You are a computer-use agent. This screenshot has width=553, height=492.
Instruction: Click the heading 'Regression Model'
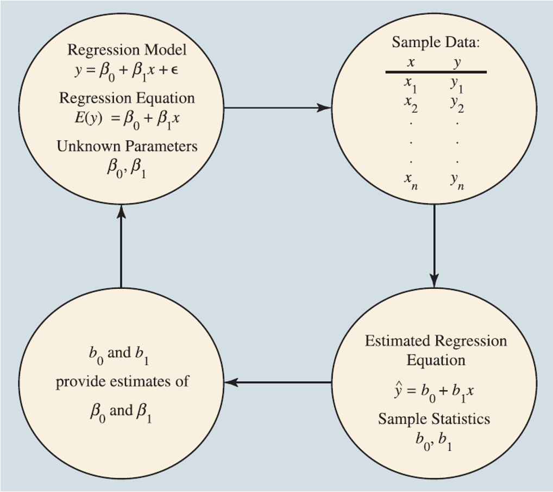tap(127, 50)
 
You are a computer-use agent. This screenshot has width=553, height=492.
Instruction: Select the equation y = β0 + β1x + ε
tap(127, 71)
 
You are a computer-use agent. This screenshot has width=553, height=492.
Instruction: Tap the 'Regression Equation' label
tap(127, 98)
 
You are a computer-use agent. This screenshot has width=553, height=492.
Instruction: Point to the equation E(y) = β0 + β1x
tap(127, 119)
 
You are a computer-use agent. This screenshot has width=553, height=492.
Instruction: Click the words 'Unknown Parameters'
tap(127, 146)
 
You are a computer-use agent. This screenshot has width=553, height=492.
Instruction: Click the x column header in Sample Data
tap(411, 62)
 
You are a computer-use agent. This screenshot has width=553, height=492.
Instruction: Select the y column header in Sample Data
tap(457, 62)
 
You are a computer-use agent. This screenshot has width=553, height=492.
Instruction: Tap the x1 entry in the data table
tap(411, 84)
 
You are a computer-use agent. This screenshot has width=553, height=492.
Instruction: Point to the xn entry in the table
tap(411, 181)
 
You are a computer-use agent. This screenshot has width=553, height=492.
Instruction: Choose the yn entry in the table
tap(457, 181)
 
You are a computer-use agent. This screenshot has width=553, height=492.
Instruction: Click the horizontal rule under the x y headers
tap(436, 72)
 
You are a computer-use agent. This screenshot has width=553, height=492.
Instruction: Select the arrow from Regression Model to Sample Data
tap(277, 108)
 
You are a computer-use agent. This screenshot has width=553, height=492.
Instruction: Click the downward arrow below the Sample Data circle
tap(435, 244)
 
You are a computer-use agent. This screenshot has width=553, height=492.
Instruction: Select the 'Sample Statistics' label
tap(434, 419)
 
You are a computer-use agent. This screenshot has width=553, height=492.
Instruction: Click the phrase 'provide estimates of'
tap(122, 381)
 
